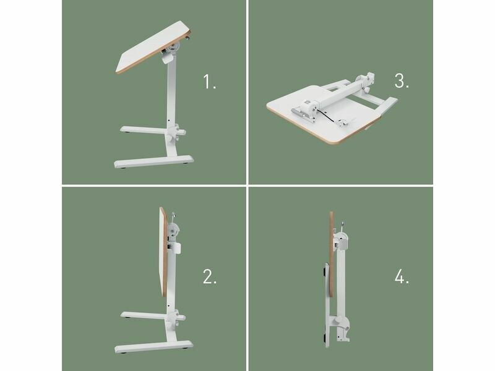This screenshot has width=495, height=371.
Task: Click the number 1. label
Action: pos(209,82)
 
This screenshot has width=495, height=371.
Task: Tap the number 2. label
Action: pos(210,276)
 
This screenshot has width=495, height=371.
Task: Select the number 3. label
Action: pos(402,81)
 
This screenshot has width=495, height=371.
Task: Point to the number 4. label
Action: pos(402,276)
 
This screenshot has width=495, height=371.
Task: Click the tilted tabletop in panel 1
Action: pos(153,48)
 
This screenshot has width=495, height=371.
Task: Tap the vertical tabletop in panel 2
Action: pos(163,252)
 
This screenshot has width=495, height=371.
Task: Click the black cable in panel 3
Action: pos(329,116)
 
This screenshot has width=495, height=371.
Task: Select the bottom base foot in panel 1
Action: pos(153,161)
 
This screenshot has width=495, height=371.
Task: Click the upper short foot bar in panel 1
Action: pos(144,129)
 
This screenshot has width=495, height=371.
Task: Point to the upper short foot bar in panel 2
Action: pos(144,315)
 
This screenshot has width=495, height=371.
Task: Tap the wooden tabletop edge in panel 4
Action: pos(331,254)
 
